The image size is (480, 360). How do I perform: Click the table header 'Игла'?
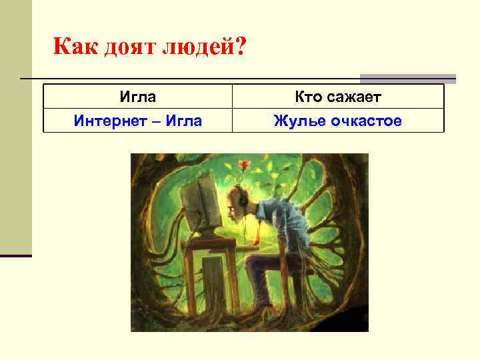point(138,97)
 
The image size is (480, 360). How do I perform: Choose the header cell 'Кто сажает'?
point(337,97)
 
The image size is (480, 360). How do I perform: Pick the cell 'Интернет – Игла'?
point(138,121)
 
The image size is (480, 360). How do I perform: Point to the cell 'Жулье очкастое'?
point(337,121)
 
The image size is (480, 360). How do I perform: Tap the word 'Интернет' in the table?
point(107,121)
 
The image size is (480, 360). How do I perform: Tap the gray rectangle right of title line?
point(408,78)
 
